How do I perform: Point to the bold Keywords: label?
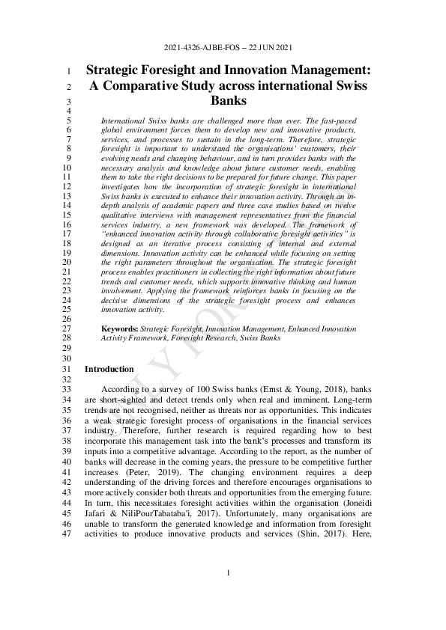119,328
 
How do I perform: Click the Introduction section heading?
109,369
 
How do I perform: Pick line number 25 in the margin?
65,308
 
